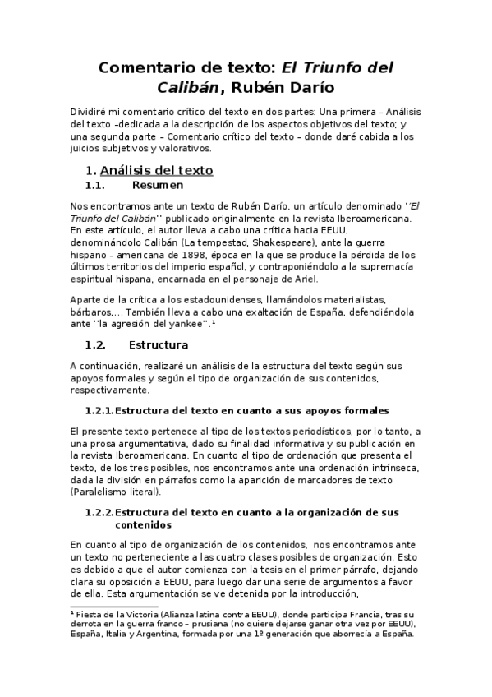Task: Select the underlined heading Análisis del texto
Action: click(x=156, y=170)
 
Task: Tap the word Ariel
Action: click(x=334, y=279)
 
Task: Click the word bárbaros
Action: click(x=89, y=312)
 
